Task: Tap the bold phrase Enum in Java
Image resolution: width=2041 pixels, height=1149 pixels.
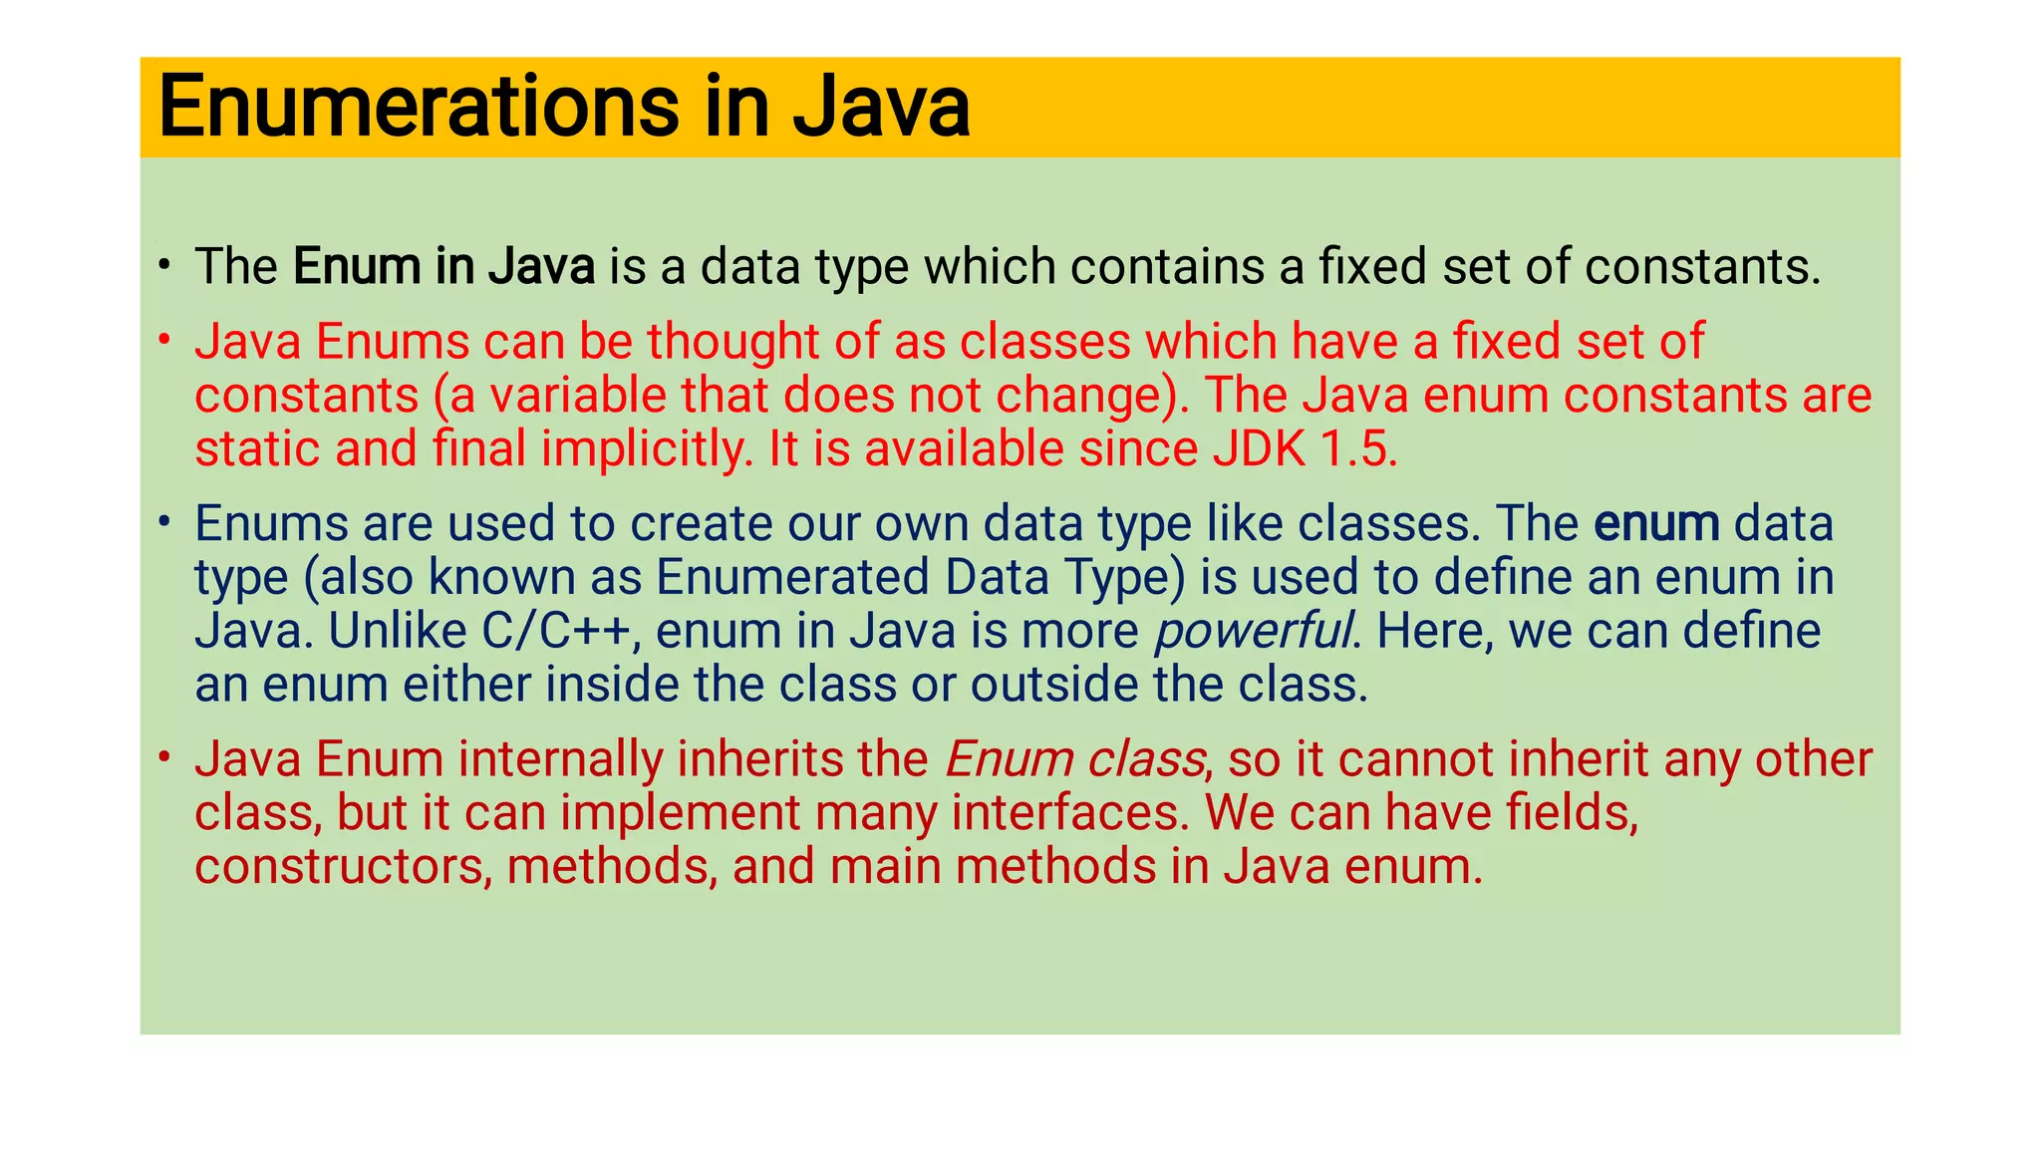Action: pos(443,267)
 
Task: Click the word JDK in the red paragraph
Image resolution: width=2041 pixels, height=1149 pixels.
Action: pos(1260,449)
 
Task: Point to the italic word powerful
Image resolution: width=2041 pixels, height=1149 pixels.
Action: pos(1253,632)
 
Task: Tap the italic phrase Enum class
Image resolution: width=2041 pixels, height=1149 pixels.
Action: pos(1074,759)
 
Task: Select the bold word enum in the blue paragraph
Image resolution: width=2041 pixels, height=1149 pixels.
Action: pos(1656,524)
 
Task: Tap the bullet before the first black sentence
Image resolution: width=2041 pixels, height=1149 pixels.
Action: pos(165,266)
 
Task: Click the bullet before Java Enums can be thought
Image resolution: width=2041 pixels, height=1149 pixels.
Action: pos(165,342)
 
